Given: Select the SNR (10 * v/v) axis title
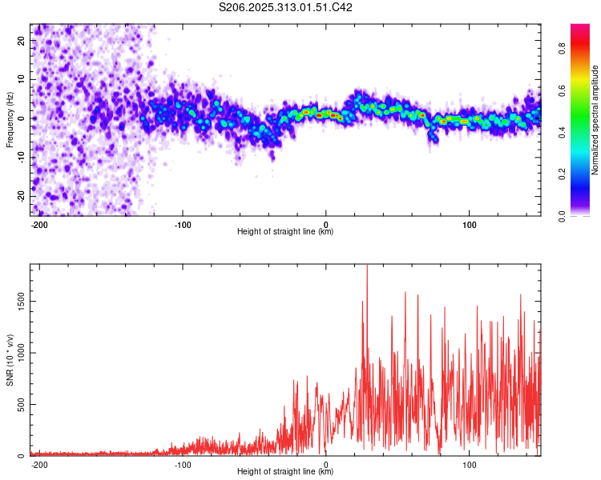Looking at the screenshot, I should tap(10, 360).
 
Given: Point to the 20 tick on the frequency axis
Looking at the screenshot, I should tap(22, 40).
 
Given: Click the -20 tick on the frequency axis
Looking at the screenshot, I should tap(20, 196).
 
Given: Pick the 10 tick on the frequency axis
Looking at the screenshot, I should tap(22, 79).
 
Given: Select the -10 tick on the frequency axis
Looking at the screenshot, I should tap(20, 158).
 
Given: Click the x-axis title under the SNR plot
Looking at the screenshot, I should tap(285, 472).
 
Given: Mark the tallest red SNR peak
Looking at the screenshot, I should tap(367, 266).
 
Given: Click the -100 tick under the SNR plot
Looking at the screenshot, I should tap(183, 464).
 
